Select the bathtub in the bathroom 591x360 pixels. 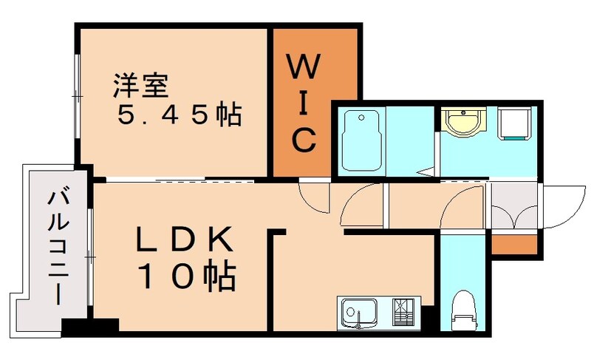[x=361, y=140]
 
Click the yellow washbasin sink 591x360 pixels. [x=464, y=122]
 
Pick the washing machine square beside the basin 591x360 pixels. [x=515, y=123]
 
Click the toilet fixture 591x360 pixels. [x=463, y=310]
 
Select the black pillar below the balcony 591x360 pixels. [x=89, y=326]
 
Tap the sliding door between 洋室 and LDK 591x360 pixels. [x=182, y=180]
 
